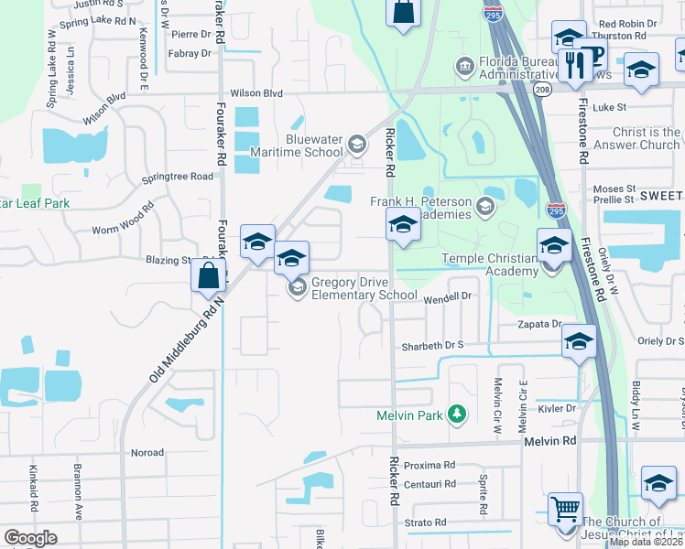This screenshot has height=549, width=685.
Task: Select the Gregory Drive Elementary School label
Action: pyautogui.click(x=364, y=288)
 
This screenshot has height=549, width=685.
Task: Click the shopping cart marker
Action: pyautogui.click(x=565, y=508)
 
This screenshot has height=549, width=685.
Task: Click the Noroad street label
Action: pyautogui.click(x=147, y=452)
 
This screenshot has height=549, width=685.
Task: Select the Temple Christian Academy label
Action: pyautogui.click(x=490, y=264)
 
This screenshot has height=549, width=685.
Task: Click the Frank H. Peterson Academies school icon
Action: pyautogui.click(x=485, y=207)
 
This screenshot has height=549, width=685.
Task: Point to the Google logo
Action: pyautogui.click(x=30, y=538)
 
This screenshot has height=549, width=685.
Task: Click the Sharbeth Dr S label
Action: pyautogui.click(x=433, y=347)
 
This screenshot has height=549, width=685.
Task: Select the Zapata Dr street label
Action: pyautogui.click(x=539, y=324)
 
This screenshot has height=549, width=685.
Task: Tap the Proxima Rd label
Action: pyautogui.click(x=429, y=465)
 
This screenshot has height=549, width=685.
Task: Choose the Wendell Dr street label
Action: pyautogui.click(x=447, y=296)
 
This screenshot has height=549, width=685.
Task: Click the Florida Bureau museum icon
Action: pyautogui.click(x=464, y=66)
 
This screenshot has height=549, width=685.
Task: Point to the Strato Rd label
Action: pyautogui.click(x=428, y=522)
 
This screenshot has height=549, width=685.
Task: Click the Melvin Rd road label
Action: pyautogui.click(x=549, y=441)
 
